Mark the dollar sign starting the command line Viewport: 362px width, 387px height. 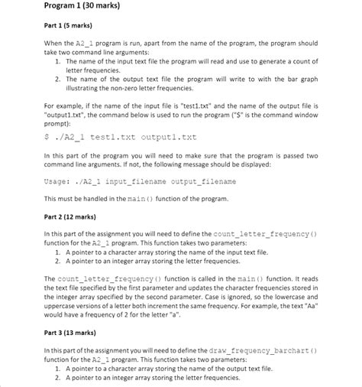(x=47, y=138)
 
